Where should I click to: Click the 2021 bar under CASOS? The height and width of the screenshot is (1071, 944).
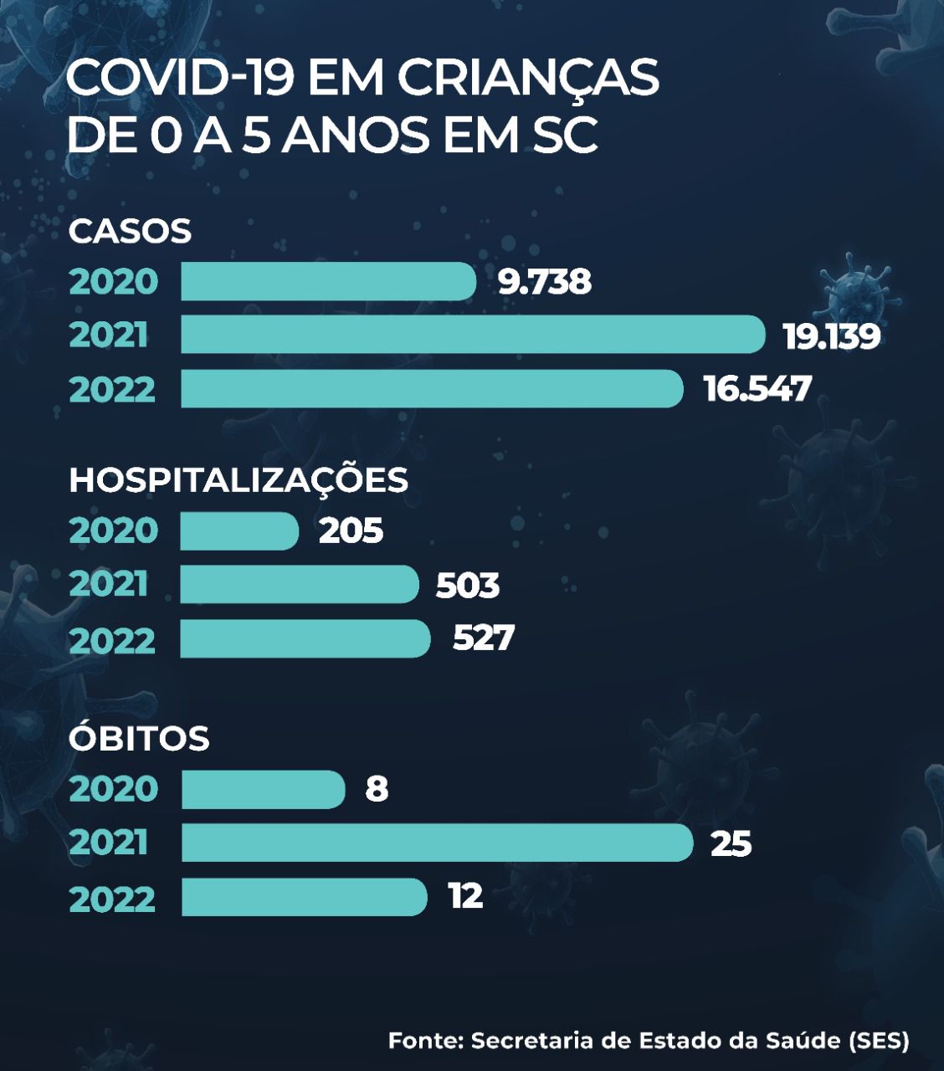[x=473, y=335]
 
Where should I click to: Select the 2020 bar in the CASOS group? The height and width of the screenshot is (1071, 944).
[x=328, y=281]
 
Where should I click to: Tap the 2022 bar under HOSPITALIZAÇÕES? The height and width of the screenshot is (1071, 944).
[x=305, y=638]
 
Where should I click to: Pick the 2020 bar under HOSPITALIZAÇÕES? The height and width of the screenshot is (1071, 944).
[x=239, y=531]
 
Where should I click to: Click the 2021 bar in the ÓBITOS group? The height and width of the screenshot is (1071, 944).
[x=437, y=843]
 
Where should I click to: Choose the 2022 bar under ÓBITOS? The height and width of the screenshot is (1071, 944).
[x=304, y=897]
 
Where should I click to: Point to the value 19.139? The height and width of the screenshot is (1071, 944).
[x=831, y=336]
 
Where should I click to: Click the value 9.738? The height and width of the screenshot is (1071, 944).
[x=545, y=282]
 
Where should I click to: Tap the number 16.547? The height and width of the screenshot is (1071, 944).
[x=757, y=389]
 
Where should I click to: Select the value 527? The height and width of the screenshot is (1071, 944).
[x=483, y=638]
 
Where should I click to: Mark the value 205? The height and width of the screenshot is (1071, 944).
[x=351, y=531]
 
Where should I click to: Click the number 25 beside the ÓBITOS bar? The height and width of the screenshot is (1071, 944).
[x=731, y=843]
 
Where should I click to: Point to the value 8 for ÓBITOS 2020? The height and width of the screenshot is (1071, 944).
[x=377, y=789]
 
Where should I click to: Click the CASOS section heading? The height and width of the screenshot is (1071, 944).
[x=130, y=231]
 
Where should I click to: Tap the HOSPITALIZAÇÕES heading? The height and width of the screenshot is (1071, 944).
[x=239, y=480]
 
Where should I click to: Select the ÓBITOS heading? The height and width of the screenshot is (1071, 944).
[x=139, y=739]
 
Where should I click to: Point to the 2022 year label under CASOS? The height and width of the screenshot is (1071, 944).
[x=112, y=390]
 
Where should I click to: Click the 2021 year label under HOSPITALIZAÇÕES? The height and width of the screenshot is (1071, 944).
[x=109, y=585]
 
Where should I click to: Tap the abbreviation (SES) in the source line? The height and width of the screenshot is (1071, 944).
[x=879, y=1041]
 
